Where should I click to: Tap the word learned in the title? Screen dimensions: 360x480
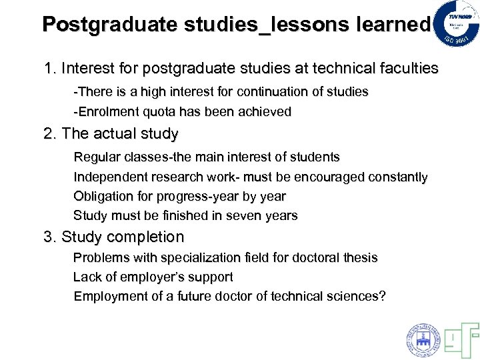(394, 25)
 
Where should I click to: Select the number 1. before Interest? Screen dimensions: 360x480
(50, 68)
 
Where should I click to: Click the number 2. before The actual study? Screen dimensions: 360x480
(50, 134)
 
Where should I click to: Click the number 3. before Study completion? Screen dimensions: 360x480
(50, 237)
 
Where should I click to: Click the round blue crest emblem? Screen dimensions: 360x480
(423, 339)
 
